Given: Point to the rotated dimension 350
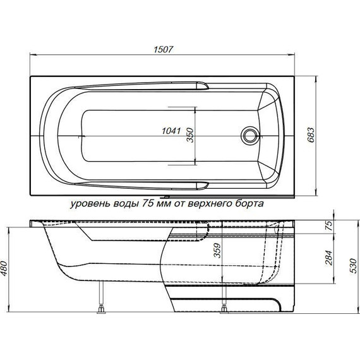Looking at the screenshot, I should [x=189, y=135].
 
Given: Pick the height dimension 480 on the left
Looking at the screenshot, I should [x=7, y=271].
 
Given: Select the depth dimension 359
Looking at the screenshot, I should [x=217, y=253].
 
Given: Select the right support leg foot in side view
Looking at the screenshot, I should [x=225, y=309].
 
